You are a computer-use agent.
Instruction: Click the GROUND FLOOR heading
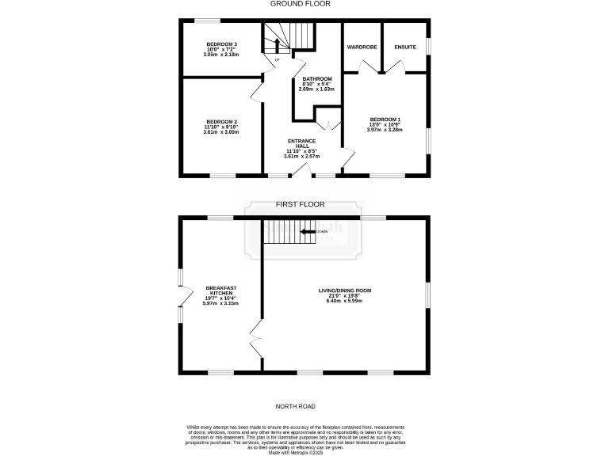[x=300, y=4]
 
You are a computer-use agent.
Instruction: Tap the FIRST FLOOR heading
[x=297, y=204]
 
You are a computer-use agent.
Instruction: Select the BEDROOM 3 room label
[x=222, y=44]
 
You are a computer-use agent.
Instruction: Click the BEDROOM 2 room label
[x=222, y=121]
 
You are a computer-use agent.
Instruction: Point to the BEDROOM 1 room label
[x=385, y=119]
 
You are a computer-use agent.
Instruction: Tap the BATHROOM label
[x=316, y=78]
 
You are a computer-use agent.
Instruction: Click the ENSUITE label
[x=405, y=47]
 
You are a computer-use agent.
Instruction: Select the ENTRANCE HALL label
[x=301, y=143]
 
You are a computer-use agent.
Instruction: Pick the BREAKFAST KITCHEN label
[x=221, y=291]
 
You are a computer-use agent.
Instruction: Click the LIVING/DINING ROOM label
[x=344, y=291]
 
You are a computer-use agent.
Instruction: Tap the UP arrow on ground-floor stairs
[x=277, y=45]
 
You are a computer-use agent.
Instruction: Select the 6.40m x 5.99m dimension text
[x=344, y=302]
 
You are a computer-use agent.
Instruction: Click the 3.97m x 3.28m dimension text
[x=385, y=130]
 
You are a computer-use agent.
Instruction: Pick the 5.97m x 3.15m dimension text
[x=221, y=303]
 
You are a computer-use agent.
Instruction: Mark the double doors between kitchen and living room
[x=256, y=340]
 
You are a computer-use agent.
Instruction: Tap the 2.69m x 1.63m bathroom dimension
[x=316, y=89]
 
